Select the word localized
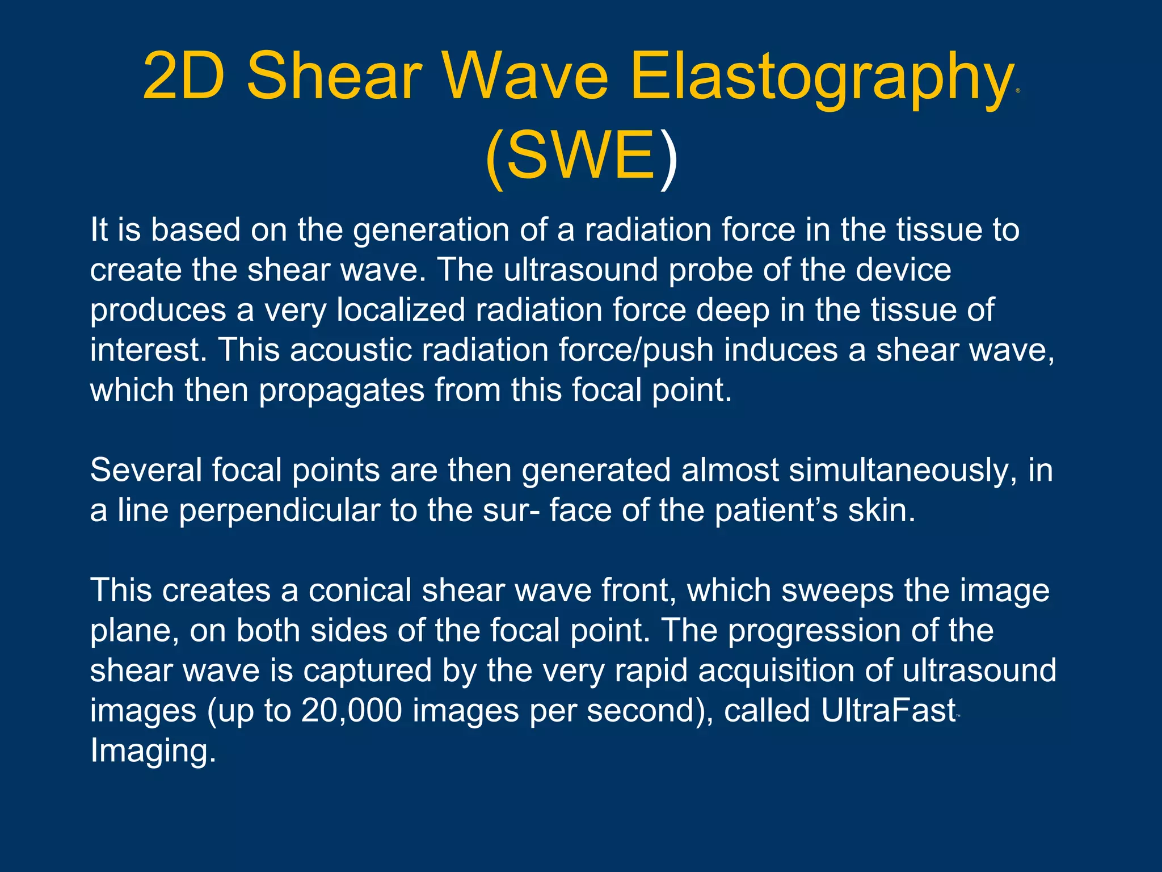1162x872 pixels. (401, 311)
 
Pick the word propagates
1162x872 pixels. (342, 391)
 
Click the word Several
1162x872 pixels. (146, 471)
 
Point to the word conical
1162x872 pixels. (359, 590)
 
